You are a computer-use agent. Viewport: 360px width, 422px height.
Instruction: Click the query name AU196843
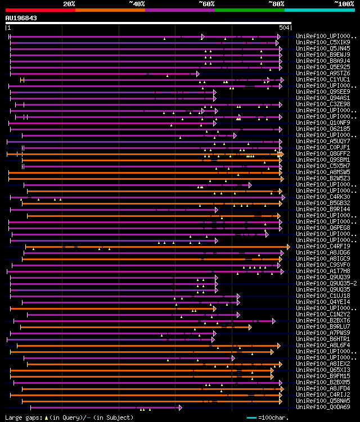pos(21,18)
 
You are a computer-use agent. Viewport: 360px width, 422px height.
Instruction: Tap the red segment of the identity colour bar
pos(40,10)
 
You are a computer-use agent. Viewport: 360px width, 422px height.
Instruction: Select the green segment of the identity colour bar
pos(249,10)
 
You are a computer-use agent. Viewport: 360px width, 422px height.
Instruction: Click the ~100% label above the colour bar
pos(344,3)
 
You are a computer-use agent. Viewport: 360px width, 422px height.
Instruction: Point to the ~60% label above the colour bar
pos(206,3)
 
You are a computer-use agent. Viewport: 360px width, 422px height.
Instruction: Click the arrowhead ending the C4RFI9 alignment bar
pos(289,246)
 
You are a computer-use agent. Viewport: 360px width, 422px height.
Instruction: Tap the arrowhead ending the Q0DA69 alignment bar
pos(180,407)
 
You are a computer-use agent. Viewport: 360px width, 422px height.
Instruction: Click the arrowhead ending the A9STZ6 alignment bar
pos(197,73)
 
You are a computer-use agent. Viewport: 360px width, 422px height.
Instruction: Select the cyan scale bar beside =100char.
pos(251,418)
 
